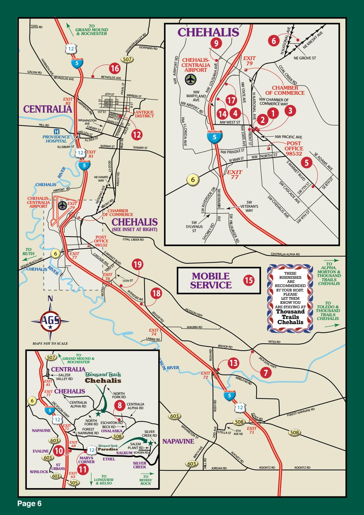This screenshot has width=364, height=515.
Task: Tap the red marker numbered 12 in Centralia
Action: point(137,135)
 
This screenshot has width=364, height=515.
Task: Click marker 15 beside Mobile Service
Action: point(249,281)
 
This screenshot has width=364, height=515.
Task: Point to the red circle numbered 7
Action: point(265,373)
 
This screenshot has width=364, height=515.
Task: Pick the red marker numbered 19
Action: point(138,264)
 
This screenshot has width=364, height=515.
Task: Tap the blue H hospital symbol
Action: point(56,131)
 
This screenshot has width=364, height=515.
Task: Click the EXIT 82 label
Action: point(68,101)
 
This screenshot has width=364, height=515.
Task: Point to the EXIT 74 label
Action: point(154,332)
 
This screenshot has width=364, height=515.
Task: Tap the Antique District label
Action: point(144,114)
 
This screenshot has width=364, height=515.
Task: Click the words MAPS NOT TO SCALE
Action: point(50,343)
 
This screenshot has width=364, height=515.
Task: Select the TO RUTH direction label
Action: point(29,252)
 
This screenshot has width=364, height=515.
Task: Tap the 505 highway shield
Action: point(73,482)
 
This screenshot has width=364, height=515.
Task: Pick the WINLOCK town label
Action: point(39,471)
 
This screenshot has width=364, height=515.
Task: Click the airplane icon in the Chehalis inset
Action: point(189,79)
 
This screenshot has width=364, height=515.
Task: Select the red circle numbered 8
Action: point(120,405)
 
